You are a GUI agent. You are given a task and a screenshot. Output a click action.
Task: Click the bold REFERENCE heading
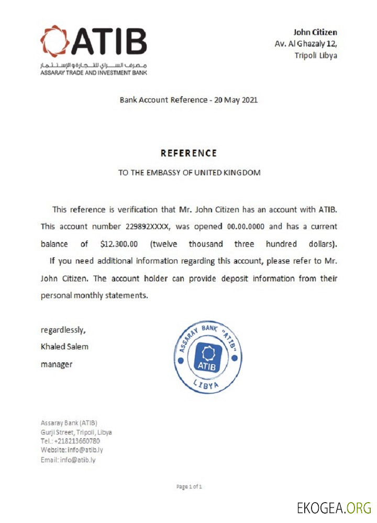click(188, 153)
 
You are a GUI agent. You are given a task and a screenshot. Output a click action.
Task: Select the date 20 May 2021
click(236, 99)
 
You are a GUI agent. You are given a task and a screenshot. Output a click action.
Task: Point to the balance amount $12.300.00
click(122, 244)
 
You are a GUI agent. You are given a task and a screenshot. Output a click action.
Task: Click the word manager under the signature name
click(57, 364)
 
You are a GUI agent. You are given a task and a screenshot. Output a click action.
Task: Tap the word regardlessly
click(63, 330)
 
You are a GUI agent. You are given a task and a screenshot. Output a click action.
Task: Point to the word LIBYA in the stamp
click(208, 386)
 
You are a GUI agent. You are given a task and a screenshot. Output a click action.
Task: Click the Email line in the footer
click(68, 460)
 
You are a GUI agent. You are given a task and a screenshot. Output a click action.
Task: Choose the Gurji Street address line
click(76, 432)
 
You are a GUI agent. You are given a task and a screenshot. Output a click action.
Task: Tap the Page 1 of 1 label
click(189, 487)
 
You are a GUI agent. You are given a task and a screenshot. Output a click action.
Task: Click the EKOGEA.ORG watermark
click(334, 507)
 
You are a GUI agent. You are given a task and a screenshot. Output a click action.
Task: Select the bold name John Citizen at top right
click(315, 32)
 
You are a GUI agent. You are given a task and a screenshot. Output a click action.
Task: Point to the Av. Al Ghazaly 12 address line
click(306, 44)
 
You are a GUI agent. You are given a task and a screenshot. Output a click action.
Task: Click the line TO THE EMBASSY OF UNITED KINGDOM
click(189, 172)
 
